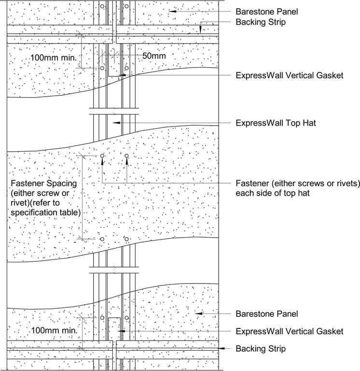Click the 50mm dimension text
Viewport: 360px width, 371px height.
tap(154, 56)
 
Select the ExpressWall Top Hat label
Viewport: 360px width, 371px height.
tap(276, 123)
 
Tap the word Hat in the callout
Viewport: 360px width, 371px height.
tap(308, 123)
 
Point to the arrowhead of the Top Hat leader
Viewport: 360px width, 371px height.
tap(114, 123)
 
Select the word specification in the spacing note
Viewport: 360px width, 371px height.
tap(32, 213)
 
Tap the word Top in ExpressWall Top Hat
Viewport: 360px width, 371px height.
tap(291, 123)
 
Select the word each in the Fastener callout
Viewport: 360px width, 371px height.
tap(244, 193)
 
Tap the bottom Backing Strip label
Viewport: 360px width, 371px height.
tap(261, 348)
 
